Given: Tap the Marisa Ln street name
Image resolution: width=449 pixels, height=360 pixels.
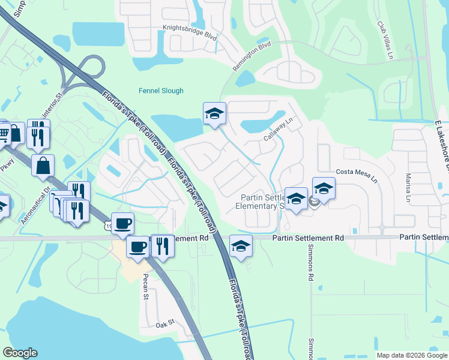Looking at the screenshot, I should click(408, 188).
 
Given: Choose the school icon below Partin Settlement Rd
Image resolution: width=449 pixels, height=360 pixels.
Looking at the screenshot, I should click(241, 246).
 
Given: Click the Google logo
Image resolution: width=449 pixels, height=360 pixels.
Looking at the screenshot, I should click(20, 353).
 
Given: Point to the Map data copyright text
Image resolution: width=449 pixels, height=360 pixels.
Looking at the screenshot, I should click(412, 355).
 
